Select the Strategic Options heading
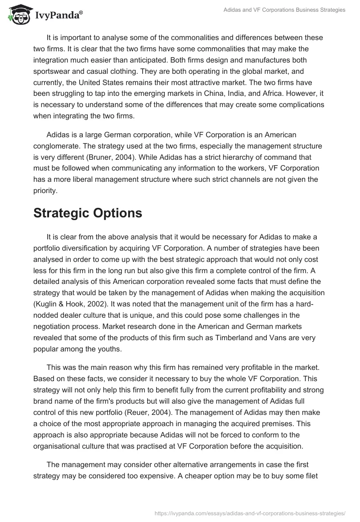[88, 213]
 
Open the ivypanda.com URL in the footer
[249, 513]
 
